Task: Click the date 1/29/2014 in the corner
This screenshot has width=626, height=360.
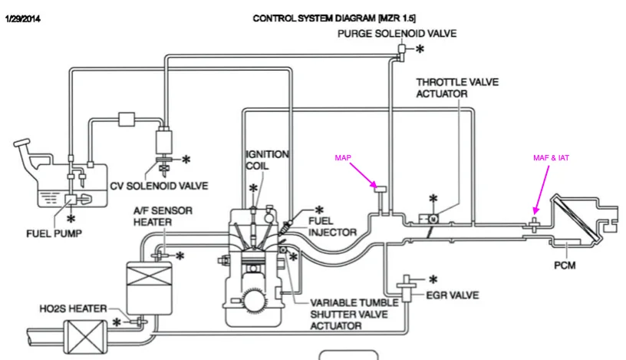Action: click(x=22, y=18)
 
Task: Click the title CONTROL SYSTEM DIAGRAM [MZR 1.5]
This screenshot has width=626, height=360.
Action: click(x=335, y=18)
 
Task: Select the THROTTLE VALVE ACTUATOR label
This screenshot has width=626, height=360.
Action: click(x=442, y=88)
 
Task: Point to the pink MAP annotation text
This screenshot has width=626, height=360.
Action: click(x=342, y=158)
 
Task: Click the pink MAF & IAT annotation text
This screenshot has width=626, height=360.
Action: click(x=551, y=158)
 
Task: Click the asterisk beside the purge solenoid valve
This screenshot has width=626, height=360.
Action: click(x=420, y=49)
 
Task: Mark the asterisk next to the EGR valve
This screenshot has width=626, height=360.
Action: click(x=432, y=279)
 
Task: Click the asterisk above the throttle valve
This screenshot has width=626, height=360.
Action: click(x=433, y=199)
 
